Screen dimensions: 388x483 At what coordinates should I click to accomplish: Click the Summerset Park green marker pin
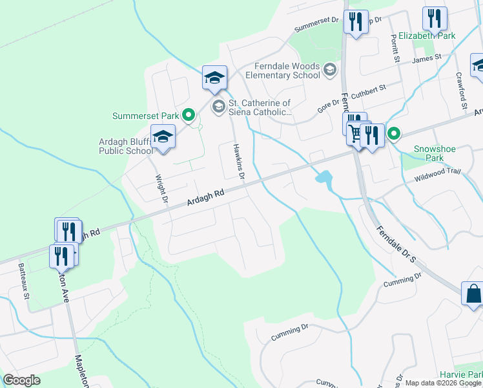point(189,116)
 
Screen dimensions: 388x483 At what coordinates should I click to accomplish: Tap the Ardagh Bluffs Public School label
point(126,146)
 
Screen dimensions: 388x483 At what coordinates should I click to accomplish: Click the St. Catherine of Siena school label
point(260,107)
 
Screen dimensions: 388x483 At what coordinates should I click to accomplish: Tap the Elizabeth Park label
point(427,36)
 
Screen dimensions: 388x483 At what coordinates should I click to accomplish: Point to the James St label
point(426,58)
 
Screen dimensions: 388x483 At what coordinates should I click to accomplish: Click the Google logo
point(21,380)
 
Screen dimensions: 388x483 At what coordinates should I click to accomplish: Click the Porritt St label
point(395,48)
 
